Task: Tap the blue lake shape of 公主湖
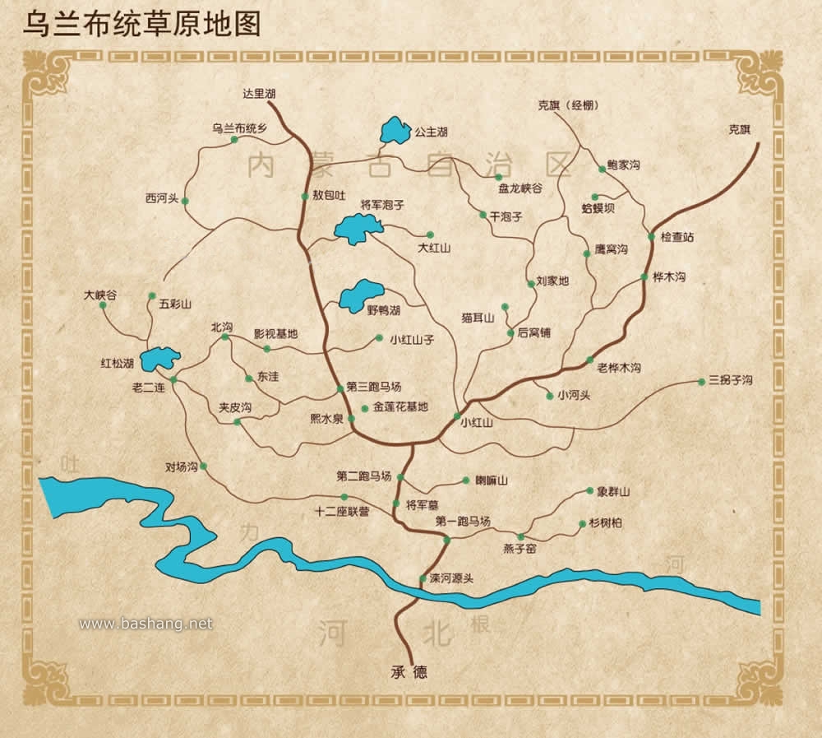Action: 395,130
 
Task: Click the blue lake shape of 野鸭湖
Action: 361,295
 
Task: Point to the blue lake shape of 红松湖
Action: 159,360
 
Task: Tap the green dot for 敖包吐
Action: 305,196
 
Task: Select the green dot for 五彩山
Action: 152,295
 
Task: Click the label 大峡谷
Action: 101,293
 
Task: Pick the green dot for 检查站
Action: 651,237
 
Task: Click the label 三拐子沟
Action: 730,380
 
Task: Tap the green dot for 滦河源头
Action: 423,578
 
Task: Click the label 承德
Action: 409,672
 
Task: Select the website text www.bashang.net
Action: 145,624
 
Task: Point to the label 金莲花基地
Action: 400,406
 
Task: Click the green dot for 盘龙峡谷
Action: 498,177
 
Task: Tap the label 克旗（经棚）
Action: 568,105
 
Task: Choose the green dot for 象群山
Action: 589,491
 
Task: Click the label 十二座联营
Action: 342,511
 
